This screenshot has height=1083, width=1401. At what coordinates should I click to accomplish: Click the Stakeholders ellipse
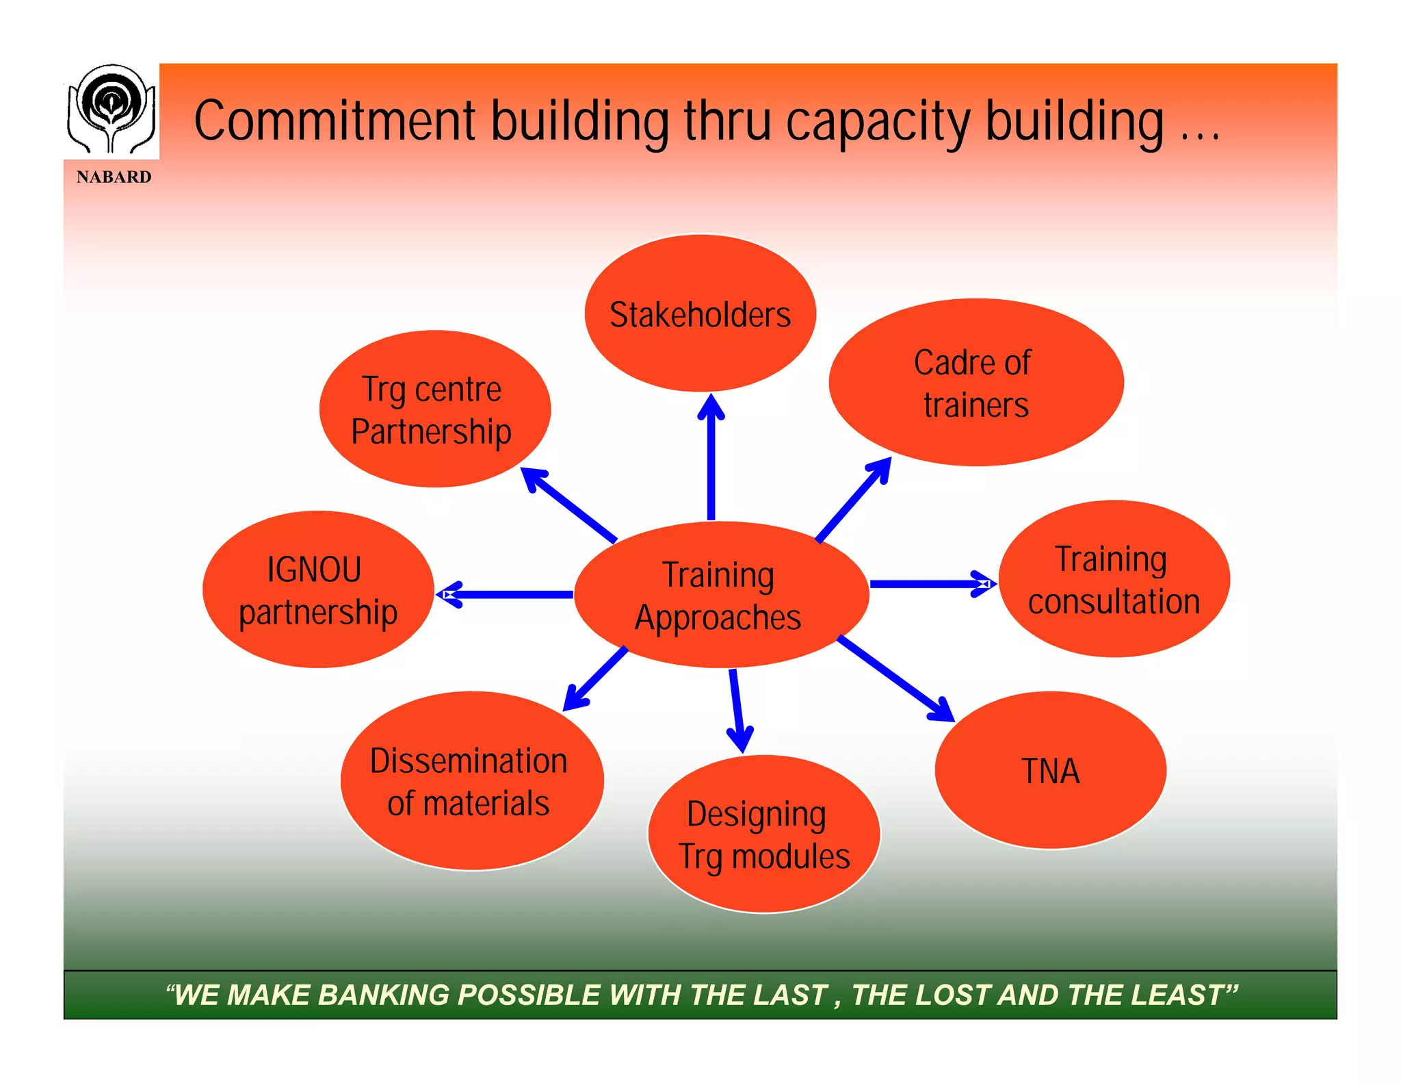(700, 314)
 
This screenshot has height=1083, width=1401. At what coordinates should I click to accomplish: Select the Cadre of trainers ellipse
(976, 383)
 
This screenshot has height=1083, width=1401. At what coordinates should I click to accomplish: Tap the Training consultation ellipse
(1114, 579)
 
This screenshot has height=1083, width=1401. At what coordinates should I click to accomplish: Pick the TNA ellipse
(1050, 771)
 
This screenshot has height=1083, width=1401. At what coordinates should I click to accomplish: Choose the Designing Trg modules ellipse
(763, 834)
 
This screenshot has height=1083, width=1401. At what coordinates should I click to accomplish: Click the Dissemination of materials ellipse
(471, 781)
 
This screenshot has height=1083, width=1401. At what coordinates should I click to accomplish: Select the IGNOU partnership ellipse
(318, 589)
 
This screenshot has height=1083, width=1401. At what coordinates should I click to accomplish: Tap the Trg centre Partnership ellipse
(434, 409)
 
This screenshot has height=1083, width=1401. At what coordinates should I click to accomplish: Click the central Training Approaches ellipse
(721, 595)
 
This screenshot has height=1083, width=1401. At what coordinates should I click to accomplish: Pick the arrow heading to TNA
(895, 678)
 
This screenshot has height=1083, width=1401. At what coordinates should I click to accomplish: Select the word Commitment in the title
(335, 121)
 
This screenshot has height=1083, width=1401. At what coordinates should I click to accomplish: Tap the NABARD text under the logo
(114, 177)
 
